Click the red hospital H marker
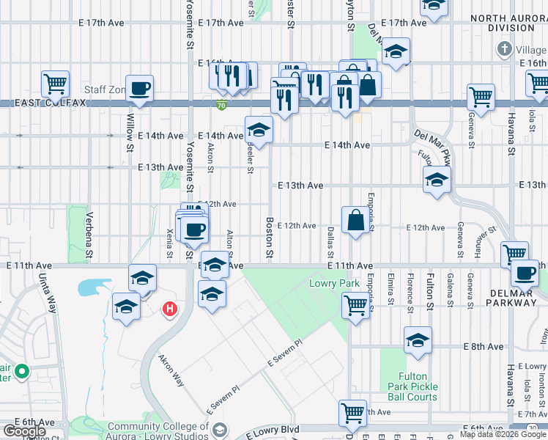tap(170, 310)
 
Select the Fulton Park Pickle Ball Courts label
tap(413, 386)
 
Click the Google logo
tap(24, 430)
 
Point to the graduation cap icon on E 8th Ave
tap(418, 340)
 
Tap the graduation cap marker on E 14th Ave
tap(258, 130)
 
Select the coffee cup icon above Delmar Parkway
tap(525, 274)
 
